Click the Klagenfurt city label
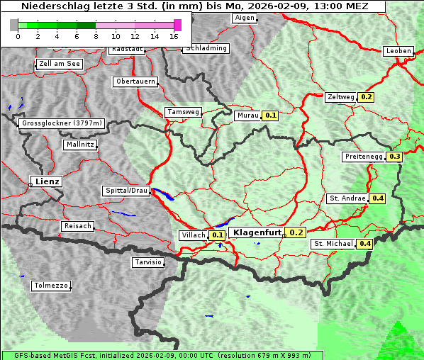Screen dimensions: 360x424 (x=256, y=232)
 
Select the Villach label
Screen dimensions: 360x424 (x=194, y=235)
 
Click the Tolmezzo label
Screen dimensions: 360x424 (x=50, y=286)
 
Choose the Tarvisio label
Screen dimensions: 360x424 (x=148, y=262)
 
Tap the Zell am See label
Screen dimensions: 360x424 (x=60, y=64)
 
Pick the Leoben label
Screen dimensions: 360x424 (x=398, y=51)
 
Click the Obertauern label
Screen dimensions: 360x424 (x=135, y=81)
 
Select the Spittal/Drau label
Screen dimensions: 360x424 (x=127, y=191)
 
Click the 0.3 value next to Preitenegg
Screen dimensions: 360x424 (x=394, y=157)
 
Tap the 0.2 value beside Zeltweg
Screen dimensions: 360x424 (x=367, y=97)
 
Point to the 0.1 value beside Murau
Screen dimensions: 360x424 (x=270, y=115)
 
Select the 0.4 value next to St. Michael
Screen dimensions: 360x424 (x=364, y=244)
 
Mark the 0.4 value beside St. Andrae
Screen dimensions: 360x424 (x=377, y=198)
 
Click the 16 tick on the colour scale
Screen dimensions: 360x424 (x=174, y=36)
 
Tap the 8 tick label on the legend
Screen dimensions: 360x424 (x=96, y=36)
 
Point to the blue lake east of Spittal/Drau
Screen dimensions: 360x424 (x=162, y=195)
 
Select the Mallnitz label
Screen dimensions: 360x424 (x=79, y=145)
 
